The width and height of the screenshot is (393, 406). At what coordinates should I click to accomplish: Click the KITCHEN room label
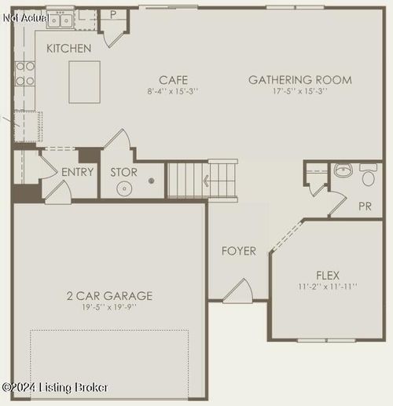(68, 49)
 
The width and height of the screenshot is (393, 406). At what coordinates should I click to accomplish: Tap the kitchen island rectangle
(84, 82)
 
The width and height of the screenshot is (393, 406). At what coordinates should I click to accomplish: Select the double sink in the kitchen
(60, 20)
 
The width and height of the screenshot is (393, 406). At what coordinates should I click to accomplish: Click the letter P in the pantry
(112, 14)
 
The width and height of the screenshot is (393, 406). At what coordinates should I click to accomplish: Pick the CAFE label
(173, 79)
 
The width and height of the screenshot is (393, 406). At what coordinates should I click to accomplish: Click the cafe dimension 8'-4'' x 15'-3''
(173, 91)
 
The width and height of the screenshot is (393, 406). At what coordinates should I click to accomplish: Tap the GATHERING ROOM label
(300, 79)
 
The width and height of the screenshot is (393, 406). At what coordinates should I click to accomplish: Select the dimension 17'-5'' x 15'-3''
(300, 91)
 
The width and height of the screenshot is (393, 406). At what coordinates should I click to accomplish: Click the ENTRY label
(78, 172)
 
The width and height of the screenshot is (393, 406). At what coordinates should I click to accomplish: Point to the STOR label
(123, 172)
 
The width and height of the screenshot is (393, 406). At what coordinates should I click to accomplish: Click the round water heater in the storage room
(124, 188)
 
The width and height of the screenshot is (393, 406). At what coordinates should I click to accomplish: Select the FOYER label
(238, 251)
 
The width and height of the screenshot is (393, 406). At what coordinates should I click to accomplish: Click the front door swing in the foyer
(237, 291)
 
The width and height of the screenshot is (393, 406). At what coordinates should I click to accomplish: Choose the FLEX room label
(327, 275)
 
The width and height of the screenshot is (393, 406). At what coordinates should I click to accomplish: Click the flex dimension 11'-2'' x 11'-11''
(327, 287)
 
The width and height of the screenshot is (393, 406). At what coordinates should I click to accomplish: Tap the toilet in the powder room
(368, 176)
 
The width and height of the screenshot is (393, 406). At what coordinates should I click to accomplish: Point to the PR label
(365, 207)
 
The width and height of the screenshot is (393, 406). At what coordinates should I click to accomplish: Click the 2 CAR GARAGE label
(109, 296)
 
